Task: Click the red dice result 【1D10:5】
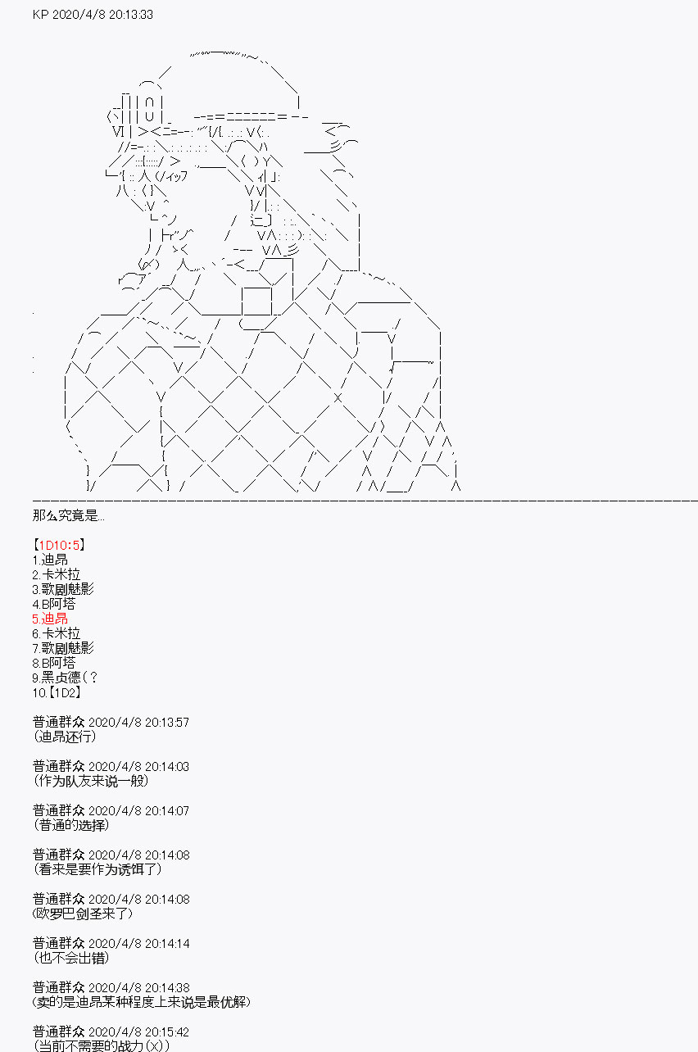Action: pyautogui.click(x=60, y=545)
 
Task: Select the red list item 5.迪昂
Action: pyautogui.click(x=49, y=619)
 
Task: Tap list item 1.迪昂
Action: pyautogui.click(x=49, y=560)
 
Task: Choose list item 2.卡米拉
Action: pyautogui.click(x=56, y=574)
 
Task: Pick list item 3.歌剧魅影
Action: pyautogui.click(x=62, y=589)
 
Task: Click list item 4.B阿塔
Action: pyautogui.click(x=53, y=604)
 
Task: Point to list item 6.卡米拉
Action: pyautogui.click(x=56, y=633)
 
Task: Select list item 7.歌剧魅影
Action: pyautogui.click(x=62, y=648)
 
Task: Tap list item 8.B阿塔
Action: pyautogui.click(x=53, y=663)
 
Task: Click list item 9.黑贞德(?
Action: pyautogui.click(x=65, y=678)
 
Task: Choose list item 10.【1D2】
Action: pyautogui.click(x=57, y=692)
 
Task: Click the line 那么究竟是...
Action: pyautogui.click(x=69, y=515)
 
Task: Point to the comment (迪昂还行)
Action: pyautogui.click(x=65, y=737)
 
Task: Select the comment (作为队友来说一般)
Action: pyautogui.click(x=91, y=781)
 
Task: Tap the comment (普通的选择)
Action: pyautogui.click(x=71, y=825)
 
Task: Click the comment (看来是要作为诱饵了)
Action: pyautogui.click(x=97, y=869)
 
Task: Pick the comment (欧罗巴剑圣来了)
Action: pyautogui.click(x=83, y=914)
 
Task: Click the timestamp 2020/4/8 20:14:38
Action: pyautogui.click(x=138, y=987)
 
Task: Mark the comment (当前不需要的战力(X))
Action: pyautogui.click(x=102, y=1046)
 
